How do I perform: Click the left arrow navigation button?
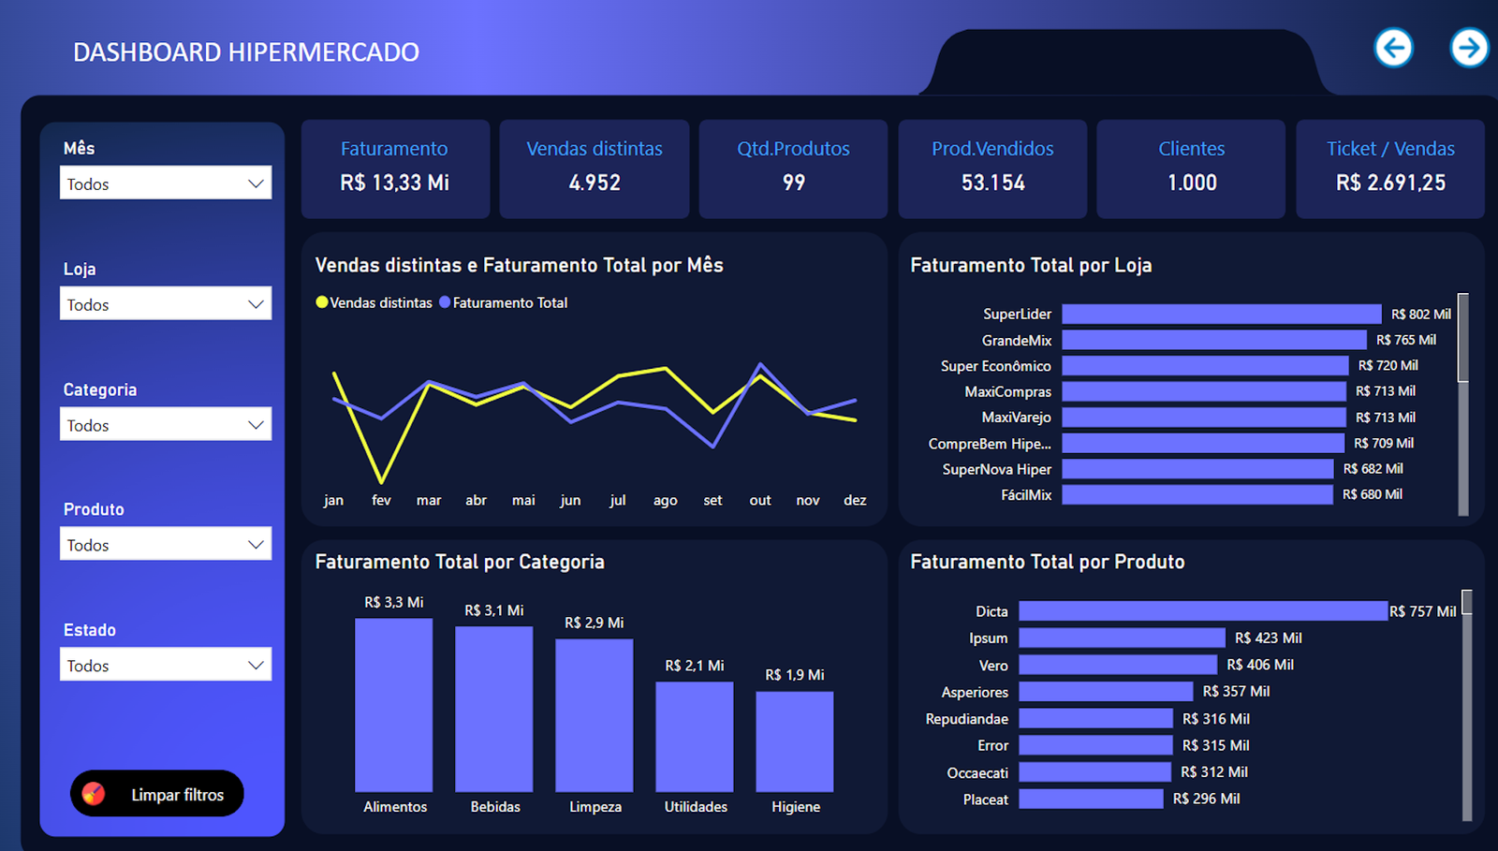pyautogui.click(x=1393, y=48)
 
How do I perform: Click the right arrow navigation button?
pyautogui.click(x=1469, y=48)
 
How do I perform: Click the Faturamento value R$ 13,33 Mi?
pyautogui.click(x=394, y=183)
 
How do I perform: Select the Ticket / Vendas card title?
pyautogui.click(x=1390, y=149)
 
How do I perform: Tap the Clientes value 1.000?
pyautogui.click(x=1192, y=183)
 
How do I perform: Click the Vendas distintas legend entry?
pyautogui.click(x=374, y=302)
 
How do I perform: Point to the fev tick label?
pyautogui.click(x=381, y=500)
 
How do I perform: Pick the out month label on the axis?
pyautogui.click(x=760, y=500)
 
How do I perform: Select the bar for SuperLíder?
pyautogui.click(x=1221, y=315)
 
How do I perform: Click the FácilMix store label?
pyautogui.click(x=1026, y=494)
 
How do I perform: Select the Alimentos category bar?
pyautogui.click(x=394, y=705)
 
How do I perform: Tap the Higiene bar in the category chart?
pyautogui.click(x=794, y=741)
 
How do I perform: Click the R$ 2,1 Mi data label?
pyautogui.click(x=694, y=666)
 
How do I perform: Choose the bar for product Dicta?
pyautogui.click(x=1203, y=611)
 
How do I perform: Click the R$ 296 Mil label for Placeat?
pyautogui.click(x=1206, y=799)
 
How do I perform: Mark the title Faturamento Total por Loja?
pyautogui.click(x=1031, y=265)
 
